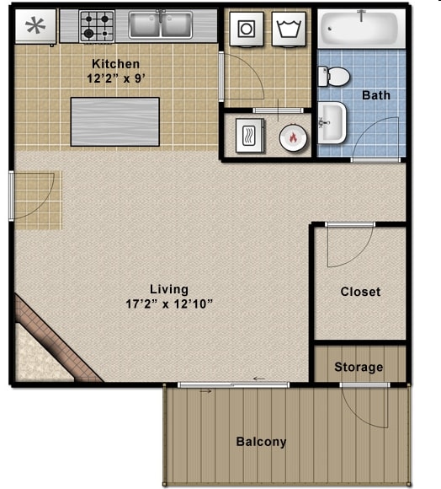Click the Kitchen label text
point(115,64)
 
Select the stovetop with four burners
point(97,26)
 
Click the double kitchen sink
point(160,25)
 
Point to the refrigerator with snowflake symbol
point(35,26)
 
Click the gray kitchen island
point(114,121)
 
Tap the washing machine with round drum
point(247,29)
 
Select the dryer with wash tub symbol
point(290,29)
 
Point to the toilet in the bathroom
point(335,77)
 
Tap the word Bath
point(376,95)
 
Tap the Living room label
point(163,289)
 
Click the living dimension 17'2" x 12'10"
point(163,304)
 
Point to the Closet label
point(360,292)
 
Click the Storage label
point(359,367)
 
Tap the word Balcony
point(261,441)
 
